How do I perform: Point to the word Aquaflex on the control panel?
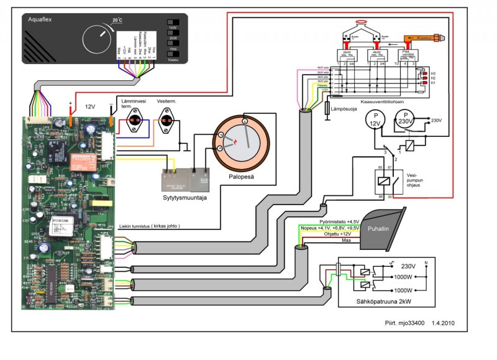point(42,20)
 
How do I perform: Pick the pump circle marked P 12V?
point(374,120)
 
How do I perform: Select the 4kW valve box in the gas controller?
point(378,55)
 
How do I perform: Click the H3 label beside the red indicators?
point(432,73)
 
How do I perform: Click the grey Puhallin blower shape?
point(383,228)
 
